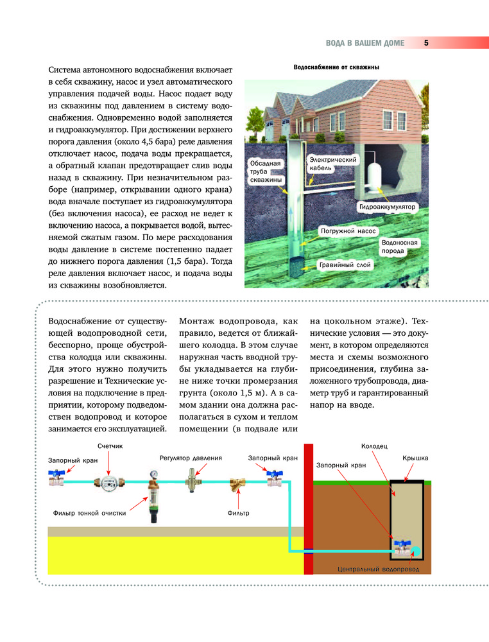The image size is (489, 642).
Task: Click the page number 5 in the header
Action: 426,43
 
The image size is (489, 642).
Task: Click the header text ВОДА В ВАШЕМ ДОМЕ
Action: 365,43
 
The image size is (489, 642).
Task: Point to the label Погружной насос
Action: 347,229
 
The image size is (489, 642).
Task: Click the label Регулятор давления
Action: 191,458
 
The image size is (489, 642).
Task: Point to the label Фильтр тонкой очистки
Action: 89,513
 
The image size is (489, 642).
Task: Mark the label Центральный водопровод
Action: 378,569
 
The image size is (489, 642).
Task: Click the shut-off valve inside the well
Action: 402,547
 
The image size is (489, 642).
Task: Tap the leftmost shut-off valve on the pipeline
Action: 56,478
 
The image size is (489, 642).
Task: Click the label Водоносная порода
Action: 400,247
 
